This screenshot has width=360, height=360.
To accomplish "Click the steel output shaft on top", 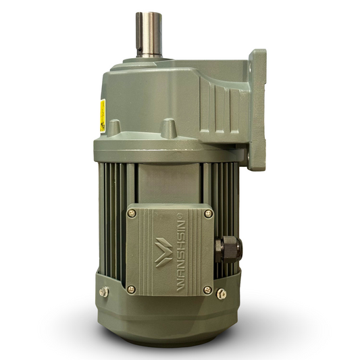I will [147, 34].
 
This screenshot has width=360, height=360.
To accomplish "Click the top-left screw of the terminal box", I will [132, 213].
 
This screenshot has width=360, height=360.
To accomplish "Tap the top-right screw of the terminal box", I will [208, 213].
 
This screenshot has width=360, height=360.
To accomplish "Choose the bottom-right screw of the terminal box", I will [208, 290].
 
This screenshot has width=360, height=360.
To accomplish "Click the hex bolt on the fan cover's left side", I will [103, 292].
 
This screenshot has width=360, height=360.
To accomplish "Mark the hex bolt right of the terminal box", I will [222, 292].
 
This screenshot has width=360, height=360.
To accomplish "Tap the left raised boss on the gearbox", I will [115, 127].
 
